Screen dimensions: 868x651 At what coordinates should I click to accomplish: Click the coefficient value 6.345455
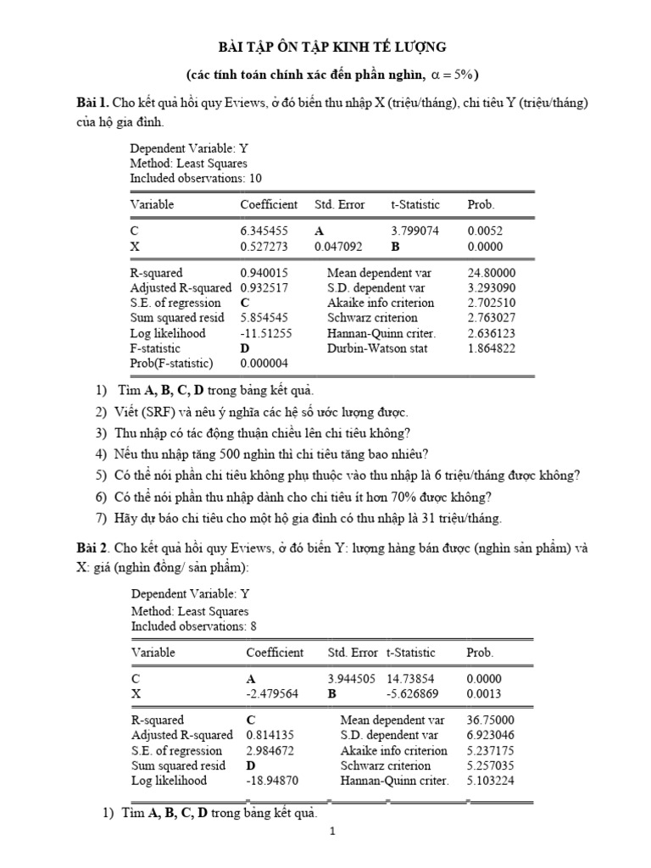pos(264,230)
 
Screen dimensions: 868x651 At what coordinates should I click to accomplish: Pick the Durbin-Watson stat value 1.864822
pos(491,348)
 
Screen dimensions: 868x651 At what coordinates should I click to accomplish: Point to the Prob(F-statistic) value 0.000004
pos(266,364)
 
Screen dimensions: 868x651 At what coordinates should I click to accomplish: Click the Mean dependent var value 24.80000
pos(491,272)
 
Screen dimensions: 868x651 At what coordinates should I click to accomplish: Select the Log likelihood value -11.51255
pos(266,333)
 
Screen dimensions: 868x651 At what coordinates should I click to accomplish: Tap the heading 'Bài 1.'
pos(92,103)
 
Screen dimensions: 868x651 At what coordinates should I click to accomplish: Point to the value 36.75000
pos(491,720)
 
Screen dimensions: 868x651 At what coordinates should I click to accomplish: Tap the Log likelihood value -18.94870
pos(272,781)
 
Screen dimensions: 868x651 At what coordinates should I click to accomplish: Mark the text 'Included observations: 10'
pos(196,178)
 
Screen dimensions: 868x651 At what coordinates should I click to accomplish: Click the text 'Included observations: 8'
pos(193,626)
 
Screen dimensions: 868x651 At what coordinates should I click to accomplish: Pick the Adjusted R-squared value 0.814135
pos(272,735)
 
